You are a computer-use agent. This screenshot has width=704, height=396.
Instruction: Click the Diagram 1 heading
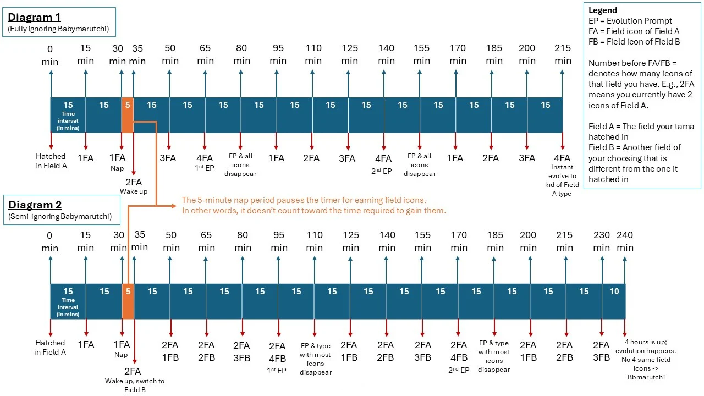[34, 17]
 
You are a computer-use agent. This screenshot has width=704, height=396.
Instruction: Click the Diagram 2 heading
[35, 205]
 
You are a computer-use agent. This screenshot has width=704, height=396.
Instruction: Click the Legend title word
[602, 10]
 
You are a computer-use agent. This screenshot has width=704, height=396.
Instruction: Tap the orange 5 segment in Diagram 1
[128, 115]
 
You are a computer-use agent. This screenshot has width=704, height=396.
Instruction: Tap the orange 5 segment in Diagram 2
[128, 301]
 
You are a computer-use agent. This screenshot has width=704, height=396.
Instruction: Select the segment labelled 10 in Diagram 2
[614, 301]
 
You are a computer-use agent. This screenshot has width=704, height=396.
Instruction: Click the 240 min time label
[625, 241]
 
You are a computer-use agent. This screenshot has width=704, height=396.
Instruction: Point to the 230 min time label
[601, 241]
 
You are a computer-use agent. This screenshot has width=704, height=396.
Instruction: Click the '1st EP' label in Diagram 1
[205, 168]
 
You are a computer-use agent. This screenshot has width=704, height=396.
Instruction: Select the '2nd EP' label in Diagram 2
[459, 370]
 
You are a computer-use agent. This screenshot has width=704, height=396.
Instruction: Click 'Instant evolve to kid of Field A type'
[562, 180]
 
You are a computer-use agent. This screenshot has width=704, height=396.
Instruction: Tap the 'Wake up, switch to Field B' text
[135, 386]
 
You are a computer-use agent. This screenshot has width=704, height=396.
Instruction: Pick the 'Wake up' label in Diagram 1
[134, 191]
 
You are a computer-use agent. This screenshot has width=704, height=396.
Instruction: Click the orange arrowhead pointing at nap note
[174, 206]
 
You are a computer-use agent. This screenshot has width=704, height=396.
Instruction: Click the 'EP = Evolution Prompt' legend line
[630, 21]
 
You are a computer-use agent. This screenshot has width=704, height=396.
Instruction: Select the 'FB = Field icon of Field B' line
[634, 41]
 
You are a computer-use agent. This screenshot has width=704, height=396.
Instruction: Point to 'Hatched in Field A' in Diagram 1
[51, 161]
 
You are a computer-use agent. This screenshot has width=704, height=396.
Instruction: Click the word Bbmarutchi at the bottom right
[646, 377]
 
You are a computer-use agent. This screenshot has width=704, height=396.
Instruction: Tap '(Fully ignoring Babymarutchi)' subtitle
[58, 29]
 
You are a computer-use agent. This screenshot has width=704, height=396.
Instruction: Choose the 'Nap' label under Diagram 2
[121, 355]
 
